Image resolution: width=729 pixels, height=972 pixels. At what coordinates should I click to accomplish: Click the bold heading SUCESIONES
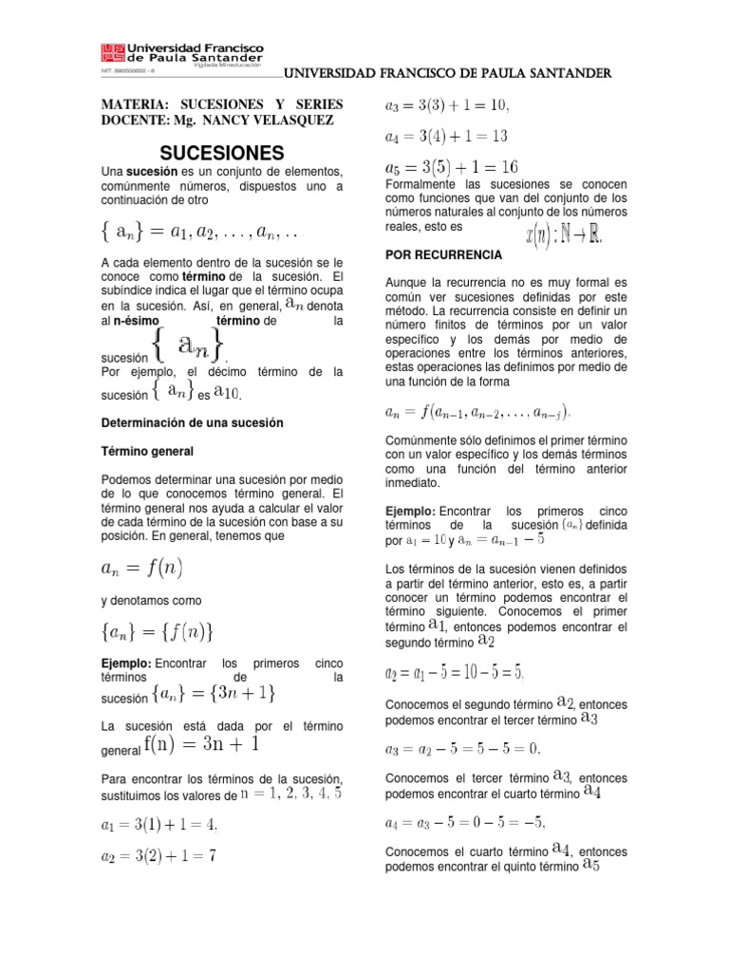221,153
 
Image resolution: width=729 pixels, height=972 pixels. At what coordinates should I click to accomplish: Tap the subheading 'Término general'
147,451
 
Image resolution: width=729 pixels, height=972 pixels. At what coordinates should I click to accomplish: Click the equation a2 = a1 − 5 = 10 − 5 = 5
454,673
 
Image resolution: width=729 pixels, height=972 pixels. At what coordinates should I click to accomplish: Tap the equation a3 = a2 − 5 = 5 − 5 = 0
463,748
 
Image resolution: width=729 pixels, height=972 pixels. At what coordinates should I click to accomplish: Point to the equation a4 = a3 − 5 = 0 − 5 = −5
465,822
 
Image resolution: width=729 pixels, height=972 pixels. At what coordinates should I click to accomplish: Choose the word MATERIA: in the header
138,103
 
